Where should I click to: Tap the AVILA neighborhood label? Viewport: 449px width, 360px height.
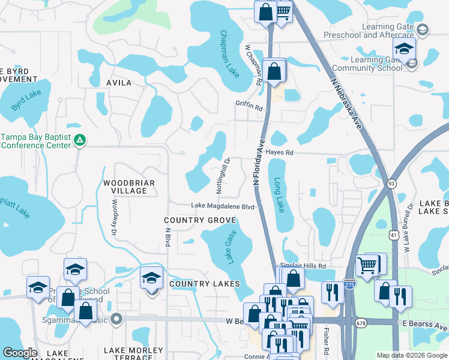pos(118,83)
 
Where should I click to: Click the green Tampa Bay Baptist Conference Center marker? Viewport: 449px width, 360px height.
pos(80,140)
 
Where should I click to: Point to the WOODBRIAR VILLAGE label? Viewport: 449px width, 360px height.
pos(129,187)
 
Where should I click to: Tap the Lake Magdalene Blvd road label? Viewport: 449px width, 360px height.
pos(223,206)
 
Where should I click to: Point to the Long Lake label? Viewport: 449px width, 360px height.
pos(279,194)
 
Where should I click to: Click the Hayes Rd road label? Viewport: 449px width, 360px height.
pos(280,153)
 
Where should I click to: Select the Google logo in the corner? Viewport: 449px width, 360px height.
pos(20,353)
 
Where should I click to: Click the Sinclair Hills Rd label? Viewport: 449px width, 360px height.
pos(303,266)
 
